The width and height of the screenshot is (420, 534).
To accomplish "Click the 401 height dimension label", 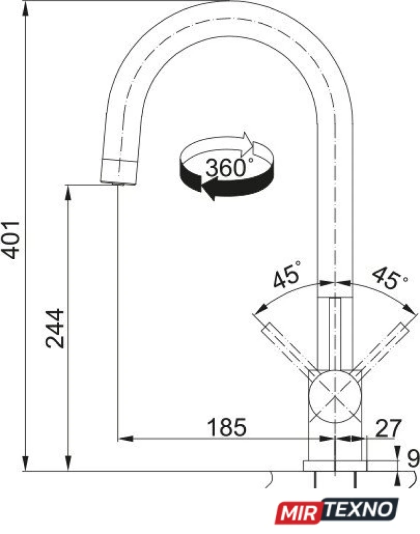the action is (x=11, y=240).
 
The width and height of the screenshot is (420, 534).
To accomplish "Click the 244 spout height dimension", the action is (x=55, y=329).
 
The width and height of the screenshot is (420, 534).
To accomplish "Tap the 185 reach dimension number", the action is (x=227, y=427).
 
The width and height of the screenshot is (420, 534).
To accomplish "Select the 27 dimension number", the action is (x=388, y=428).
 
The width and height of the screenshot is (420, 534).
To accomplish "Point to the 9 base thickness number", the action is (x=413, y=458).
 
